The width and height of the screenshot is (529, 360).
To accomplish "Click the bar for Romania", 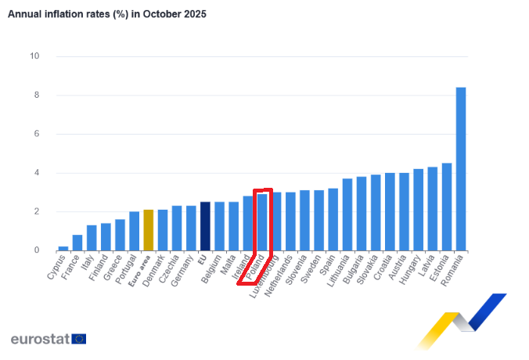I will [x=461, y=169].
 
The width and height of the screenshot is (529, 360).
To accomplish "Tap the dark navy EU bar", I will [x=205, y=226].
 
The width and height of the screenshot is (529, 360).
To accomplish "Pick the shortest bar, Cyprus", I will [x=63, y=248].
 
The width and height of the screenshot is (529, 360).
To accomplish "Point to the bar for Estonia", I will [x=447, y=207].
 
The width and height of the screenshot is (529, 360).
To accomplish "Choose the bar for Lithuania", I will [x=347, y=214].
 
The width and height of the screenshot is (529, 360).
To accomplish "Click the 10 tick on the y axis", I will [x=35, y=56].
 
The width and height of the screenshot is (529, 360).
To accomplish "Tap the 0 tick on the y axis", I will [x=37, y=250].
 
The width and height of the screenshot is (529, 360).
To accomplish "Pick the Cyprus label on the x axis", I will [x=56, y=267].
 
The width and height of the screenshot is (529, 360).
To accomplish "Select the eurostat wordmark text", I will [x=39, y=339].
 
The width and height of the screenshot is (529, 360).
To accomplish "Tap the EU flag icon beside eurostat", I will [x=79, y=339].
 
